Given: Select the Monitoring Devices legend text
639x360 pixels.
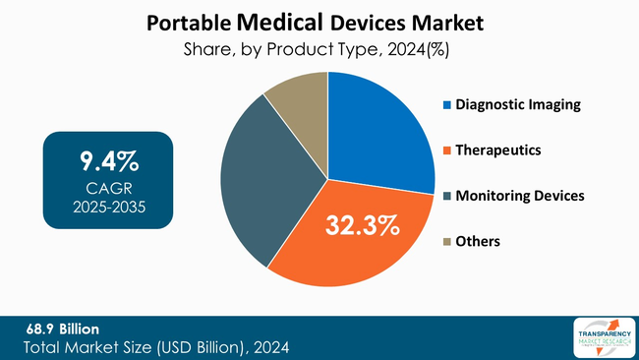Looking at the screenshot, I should click(x=519, y=196).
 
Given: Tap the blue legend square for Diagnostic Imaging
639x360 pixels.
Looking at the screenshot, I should click(x=447, y=104).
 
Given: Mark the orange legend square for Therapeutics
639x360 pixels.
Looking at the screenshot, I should click(x=447, y=150).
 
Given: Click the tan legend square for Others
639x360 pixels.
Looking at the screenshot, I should click(x=447, y=241).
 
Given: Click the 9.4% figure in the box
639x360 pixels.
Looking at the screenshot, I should click(x=108, y=159).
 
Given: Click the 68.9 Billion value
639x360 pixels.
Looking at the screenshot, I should click(x=62, y=328).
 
